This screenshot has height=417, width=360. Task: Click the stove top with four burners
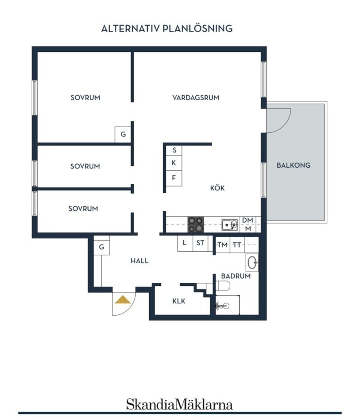tap(196, 225)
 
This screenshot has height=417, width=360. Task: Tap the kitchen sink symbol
tap(229, 225)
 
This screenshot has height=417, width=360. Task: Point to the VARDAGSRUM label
tap(196, 97)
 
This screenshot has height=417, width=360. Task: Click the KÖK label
tap(217, 188)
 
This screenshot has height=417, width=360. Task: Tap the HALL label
tap(139, 261)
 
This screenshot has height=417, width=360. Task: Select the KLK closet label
tap(179, 301)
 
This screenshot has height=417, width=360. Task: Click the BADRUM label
tap(235, 276)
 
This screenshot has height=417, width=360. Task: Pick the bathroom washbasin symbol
tap(252, 262)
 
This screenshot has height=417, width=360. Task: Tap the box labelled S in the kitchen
tap(174, 150)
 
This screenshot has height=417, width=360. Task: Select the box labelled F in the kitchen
tap(174, 178)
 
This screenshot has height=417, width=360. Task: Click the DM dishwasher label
tap(247, 220)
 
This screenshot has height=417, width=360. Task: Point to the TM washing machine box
tap(223, 245)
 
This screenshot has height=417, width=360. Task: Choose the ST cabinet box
tap(200, 243)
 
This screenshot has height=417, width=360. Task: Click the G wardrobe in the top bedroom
tap(123, 134)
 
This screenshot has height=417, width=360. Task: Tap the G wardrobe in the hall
tap(101, 247)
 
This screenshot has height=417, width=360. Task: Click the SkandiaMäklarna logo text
tap(179, 405)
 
